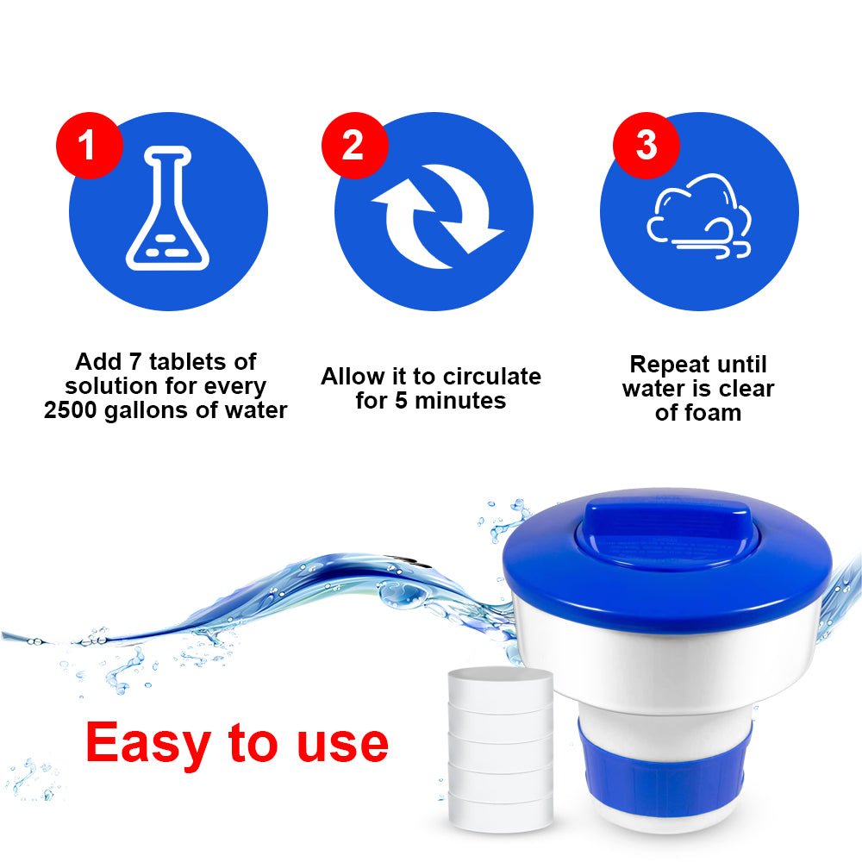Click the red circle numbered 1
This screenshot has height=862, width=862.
(89, 145)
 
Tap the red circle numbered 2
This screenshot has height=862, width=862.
(354, 145)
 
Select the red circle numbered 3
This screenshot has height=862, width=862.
(646, 145)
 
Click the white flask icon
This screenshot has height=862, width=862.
(168, 209)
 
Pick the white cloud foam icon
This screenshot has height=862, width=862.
(699, 216)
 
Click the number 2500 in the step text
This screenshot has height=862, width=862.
(70, 410)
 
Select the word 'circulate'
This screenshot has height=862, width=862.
(492, 377)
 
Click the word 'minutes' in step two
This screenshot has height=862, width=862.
(460, 401)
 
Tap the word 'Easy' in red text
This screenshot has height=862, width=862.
(148, 744)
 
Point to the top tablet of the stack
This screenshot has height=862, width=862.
(500, 688)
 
